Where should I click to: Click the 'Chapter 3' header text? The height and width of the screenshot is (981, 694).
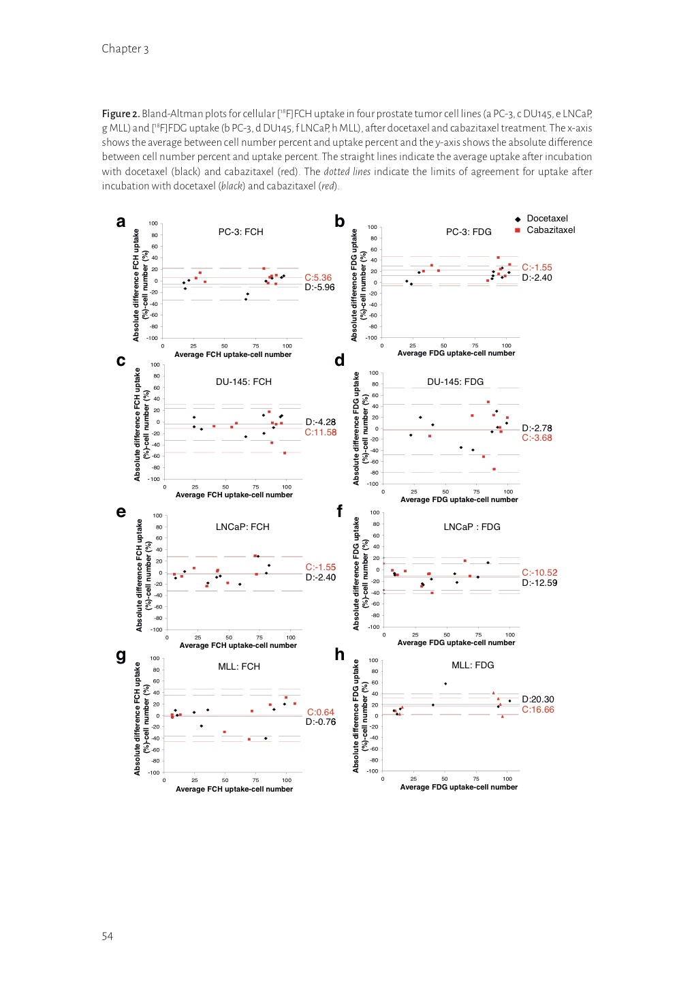coord(125,49)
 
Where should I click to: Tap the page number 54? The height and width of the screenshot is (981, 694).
coord(108,936)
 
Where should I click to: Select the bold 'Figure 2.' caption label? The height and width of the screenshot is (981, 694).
coord(121,114)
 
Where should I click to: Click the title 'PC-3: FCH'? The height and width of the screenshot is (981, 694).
coord(240,232)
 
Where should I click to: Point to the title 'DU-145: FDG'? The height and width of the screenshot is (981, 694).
coord(455,382)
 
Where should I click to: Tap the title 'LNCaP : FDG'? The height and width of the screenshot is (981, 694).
coord(471,527)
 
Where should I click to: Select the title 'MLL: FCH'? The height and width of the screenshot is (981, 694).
coord(238,667)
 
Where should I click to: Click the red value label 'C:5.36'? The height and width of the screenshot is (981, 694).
coord(318,278)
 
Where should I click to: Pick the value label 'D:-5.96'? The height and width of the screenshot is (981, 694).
coord(319,287)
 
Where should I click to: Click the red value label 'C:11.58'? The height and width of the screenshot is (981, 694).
coord(320,433)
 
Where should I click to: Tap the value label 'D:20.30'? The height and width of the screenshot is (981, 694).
coord(538,700)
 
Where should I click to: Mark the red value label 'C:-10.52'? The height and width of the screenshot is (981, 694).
coord(539,573)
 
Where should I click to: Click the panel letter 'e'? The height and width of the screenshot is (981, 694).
coord(121,512)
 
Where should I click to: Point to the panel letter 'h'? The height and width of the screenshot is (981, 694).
coord(339,655)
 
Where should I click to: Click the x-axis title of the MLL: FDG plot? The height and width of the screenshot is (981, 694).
coord(458,788)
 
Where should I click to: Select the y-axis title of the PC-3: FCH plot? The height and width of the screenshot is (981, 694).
coord(140,285)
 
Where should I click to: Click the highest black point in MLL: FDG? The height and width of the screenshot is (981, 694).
coord(445,684)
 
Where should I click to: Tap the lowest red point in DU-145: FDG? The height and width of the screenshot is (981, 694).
coord(494,469)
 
